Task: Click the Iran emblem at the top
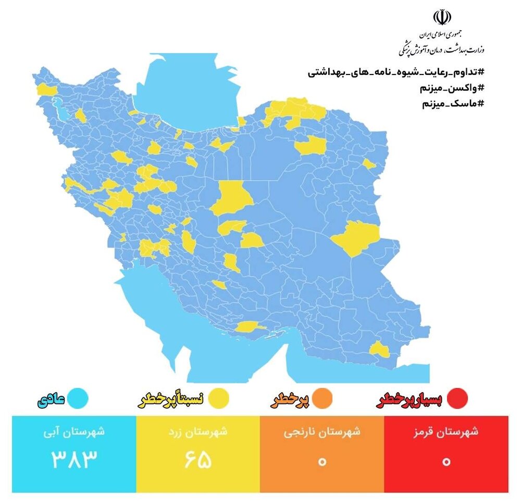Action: point(442,18)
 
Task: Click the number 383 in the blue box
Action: point(74,459)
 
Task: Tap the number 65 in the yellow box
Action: point(198,459)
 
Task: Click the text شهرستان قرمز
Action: point(446,432)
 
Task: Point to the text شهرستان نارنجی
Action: point(322,432)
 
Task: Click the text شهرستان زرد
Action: point(198,432)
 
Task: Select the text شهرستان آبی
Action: point(74,432)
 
